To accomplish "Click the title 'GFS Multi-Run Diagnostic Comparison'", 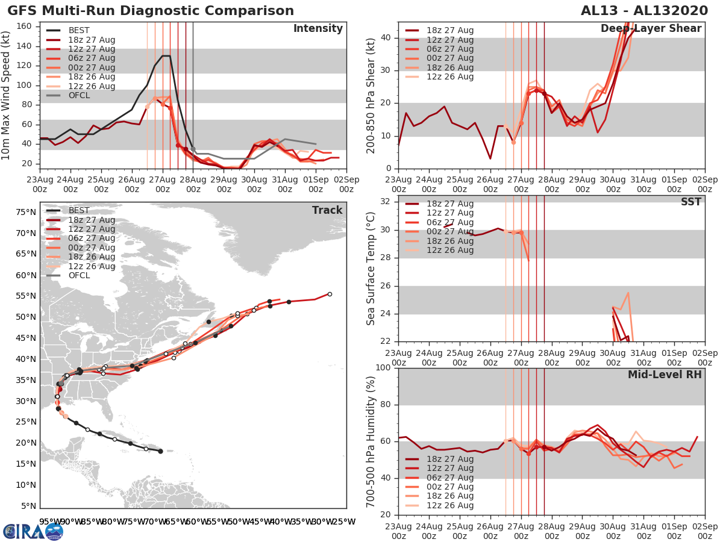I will click(151, 11).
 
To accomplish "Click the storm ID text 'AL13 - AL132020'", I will click(648, 11).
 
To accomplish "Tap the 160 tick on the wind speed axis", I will click(29, 26).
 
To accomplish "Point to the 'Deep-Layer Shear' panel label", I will click(651, 29).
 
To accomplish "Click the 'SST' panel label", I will click(690, 202).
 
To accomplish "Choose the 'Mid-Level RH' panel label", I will click(665, 375).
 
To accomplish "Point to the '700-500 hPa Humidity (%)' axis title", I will click(371, 441).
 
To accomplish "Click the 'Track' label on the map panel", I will click(327, 210).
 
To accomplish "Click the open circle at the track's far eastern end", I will click(330, 294).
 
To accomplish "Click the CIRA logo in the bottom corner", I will click(33, 531).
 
